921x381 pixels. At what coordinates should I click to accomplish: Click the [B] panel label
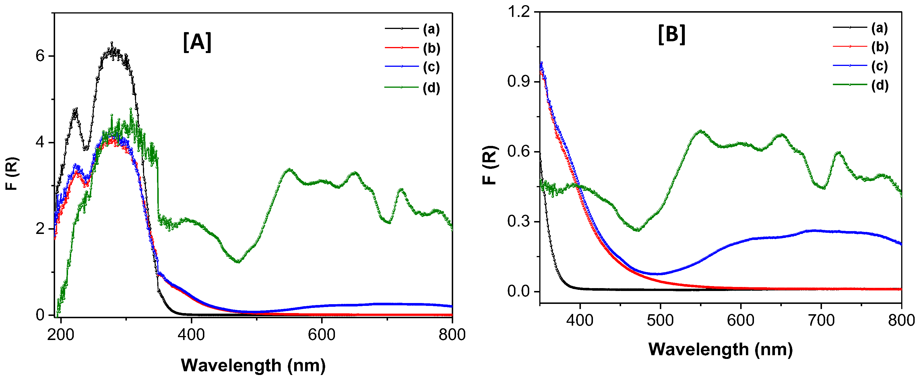point(671,35)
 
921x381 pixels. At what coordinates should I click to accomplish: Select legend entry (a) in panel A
point(431,29)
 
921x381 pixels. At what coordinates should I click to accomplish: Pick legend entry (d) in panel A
point(431,87)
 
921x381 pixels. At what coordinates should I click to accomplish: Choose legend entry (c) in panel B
point(879,66)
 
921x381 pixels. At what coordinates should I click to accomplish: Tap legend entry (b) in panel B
point(879,47)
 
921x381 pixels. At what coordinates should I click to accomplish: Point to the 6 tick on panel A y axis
point(40,56)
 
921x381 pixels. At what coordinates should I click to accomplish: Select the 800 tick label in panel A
point(452,335)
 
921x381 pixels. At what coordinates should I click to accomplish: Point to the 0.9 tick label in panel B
point(518,82)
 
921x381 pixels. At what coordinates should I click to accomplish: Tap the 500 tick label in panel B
point(660,320)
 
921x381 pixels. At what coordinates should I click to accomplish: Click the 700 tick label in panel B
point(821,320)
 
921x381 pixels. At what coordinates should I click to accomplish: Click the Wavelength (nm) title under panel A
point(253,365)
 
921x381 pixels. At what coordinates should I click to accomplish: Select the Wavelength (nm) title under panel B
point(720,349)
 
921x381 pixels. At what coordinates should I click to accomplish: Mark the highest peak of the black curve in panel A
point(112,42)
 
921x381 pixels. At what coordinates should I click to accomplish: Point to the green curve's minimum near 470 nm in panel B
point(637,230)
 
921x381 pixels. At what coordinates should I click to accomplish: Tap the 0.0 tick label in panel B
point(518,291)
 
